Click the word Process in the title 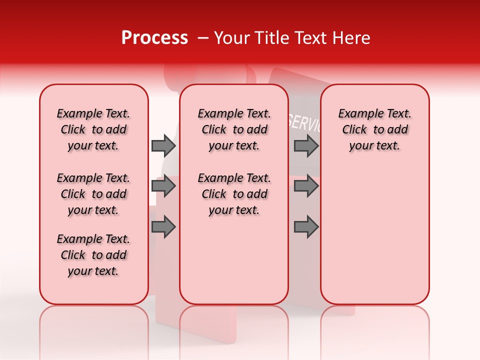154,38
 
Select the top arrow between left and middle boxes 163,145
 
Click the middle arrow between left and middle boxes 163,186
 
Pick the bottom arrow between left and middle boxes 163,226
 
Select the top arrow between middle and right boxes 306,145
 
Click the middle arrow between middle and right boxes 306,186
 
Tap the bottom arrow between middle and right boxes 306,226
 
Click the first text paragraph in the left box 93,129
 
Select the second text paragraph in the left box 93,194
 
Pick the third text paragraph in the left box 93,255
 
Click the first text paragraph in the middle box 234,129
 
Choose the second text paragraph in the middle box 234,194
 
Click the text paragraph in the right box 374,129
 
